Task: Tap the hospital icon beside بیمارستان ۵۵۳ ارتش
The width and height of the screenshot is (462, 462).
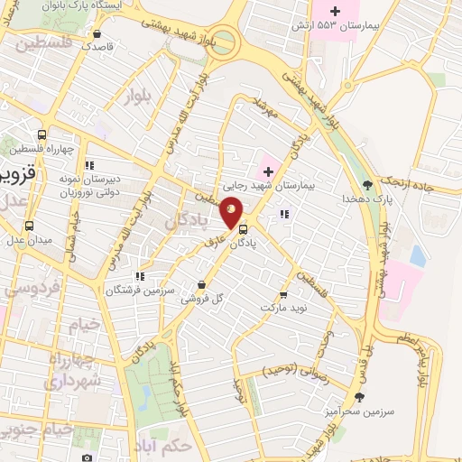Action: tap(336, 12)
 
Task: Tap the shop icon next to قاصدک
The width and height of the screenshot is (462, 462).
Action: tap(97, 34)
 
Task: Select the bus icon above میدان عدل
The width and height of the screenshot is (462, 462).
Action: tap(31, 226)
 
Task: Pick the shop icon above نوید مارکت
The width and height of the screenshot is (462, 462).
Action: tap(283, 294)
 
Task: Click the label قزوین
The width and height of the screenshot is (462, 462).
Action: tap(17, 174)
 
